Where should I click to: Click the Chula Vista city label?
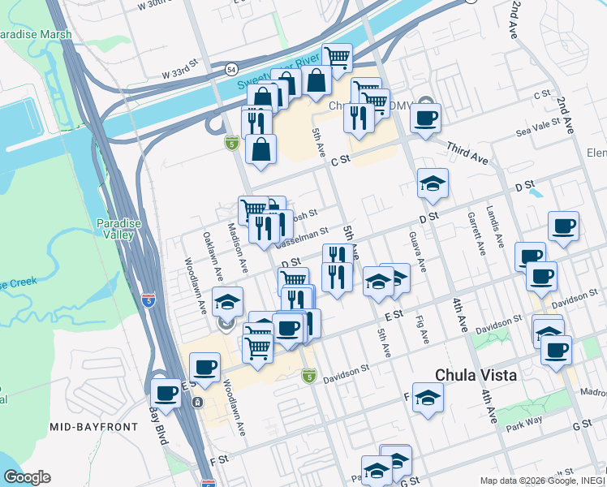coord(475,375)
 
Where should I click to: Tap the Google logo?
coord(27,477)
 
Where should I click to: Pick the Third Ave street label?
coord(468,151)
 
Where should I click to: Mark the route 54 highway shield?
coord(233,70)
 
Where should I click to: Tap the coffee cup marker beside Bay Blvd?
coord(166,394)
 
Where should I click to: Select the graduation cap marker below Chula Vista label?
coord(428,398)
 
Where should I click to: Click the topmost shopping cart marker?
coord(337,57)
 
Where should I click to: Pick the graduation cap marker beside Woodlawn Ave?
coord(228,301)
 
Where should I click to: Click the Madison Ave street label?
coord(239,248)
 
